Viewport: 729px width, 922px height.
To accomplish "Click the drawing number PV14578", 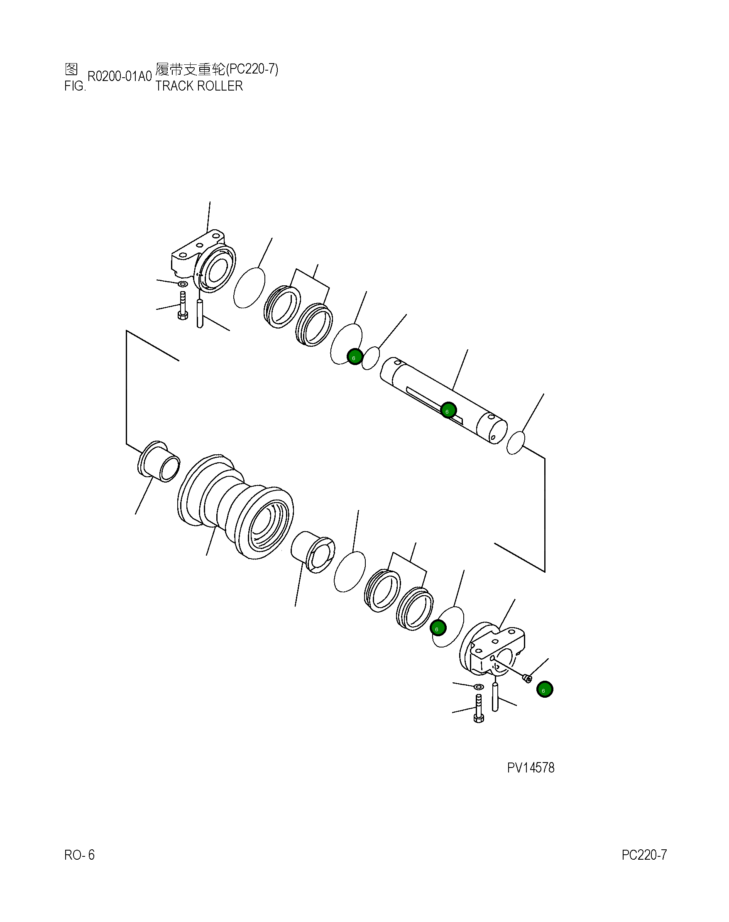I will (530, 768).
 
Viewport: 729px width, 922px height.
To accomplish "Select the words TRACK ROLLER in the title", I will (199, 86).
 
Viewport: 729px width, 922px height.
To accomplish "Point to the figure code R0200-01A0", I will (120, 76).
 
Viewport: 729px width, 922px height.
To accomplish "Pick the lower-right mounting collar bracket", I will (493, 649).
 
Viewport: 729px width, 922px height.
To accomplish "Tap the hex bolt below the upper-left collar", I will (182, 306).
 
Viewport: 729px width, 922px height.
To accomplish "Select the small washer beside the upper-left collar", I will (182, 284).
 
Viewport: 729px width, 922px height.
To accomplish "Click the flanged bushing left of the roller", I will (159, 462).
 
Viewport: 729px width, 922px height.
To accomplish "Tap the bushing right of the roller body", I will (313, 552).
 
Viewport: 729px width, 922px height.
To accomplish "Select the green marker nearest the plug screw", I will (545, 689).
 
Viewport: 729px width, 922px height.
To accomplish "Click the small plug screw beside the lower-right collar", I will (528, 678).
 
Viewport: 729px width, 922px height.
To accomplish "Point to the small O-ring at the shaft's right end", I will (515, 443).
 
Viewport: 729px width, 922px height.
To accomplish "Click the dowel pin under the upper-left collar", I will (199, 313).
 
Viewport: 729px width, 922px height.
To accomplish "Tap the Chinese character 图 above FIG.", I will (71, 69).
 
